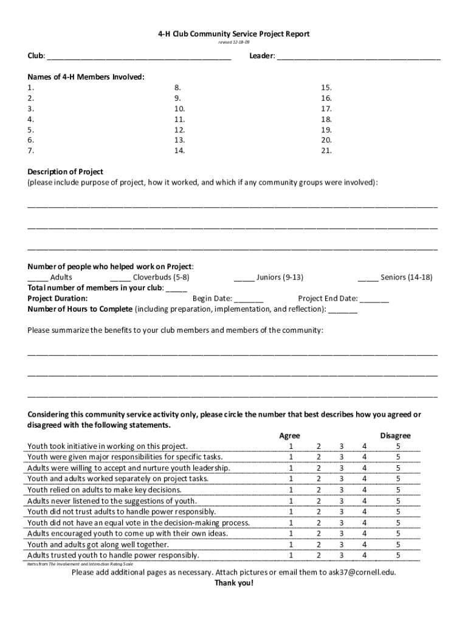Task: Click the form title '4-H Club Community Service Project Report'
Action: [233, 34]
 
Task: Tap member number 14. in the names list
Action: [179, 151]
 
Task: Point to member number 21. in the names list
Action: [326, 151]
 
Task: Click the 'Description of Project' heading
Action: [65, 171]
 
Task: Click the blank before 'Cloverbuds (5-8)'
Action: [120, 278]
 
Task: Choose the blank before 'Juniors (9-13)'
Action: [244, 278]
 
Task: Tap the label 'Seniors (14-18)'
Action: [406, 277]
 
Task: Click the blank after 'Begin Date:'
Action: [249, 299]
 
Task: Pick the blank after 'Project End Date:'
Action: [374, 299]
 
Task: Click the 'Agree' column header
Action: [289, 436]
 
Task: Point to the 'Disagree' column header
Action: [395, 436]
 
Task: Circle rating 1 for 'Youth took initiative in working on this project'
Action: [291, 446]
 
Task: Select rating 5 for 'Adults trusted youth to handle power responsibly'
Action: [398, 555]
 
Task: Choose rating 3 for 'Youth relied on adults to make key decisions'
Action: [342, 490]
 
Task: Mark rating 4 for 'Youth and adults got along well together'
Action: [365, 544]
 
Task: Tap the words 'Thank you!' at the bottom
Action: [233, 583]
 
